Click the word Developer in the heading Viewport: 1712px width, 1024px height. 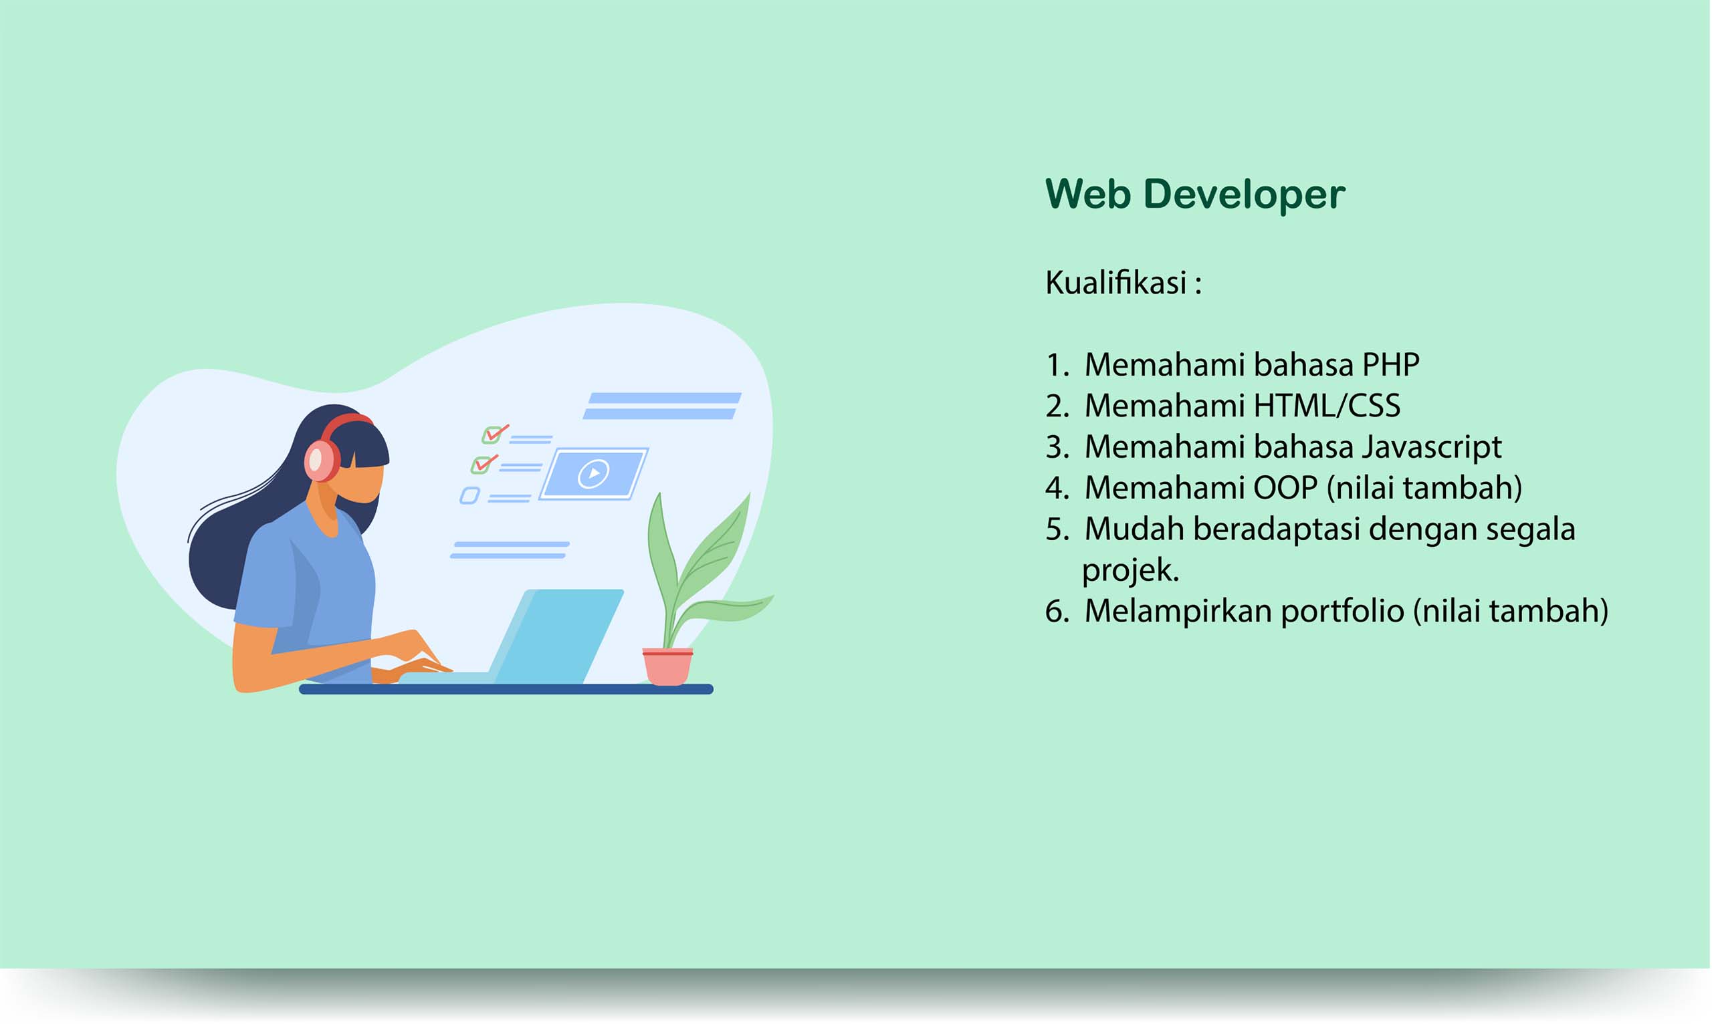click(x=1245, y=195)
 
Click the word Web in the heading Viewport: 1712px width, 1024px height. click(x=1088, y=194)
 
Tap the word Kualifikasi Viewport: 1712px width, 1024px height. click(x=1116, y=282)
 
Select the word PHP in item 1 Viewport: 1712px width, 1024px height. click(x=1391, y=364)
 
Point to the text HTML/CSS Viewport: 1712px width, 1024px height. click(x=1327, y=406)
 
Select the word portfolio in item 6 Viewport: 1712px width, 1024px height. click(x=1343, y=612)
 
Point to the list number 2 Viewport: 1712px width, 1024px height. click(x=1056, y=406)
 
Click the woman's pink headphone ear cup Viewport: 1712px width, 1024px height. click(x=321, y=461)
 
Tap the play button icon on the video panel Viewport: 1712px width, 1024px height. click(x=593, y=473)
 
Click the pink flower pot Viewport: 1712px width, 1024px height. click(x=667, y=666)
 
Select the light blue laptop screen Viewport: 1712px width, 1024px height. click(x=558, y=636)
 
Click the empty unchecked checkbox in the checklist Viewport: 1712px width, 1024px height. click(x=469, y=495)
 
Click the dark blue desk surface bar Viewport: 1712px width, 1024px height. click(x=506, y=689)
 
